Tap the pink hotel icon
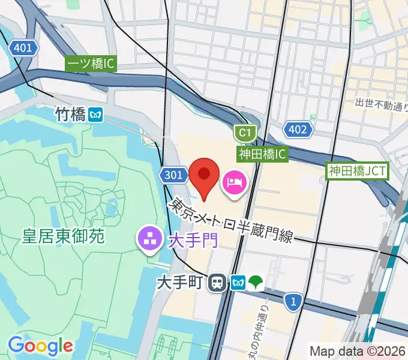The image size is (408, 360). coord(233,181)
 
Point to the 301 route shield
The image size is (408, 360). coord(172,175)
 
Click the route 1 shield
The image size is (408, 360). coord(292,301)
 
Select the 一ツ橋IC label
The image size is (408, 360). coord(91,64)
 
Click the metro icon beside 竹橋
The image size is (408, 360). coord(95,115)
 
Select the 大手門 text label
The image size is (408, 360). coord(192,241)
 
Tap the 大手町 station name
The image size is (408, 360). coord(180,282)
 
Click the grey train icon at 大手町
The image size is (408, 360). coord(217,282)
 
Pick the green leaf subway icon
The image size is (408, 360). coord(257,282)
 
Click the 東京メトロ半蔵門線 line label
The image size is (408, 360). coord(230,221)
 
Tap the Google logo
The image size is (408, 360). coord(40,346)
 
